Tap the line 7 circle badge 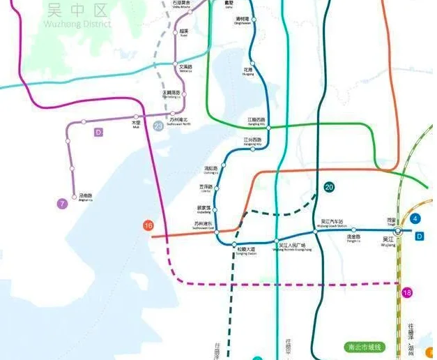tap(63, 204)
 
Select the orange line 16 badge tap(148, 225)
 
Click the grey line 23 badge tap(159, 126)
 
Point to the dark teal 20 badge tap(329, 186)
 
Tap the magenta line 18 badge tap(407, 292)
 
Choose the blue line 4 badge tap(416, 219)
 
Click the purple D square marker tap(98, 131)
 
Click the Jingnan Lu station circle tap(72, 167)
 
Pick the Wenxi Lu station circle tap(175, 65)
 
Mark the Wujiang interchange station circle tap(398, 231)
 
